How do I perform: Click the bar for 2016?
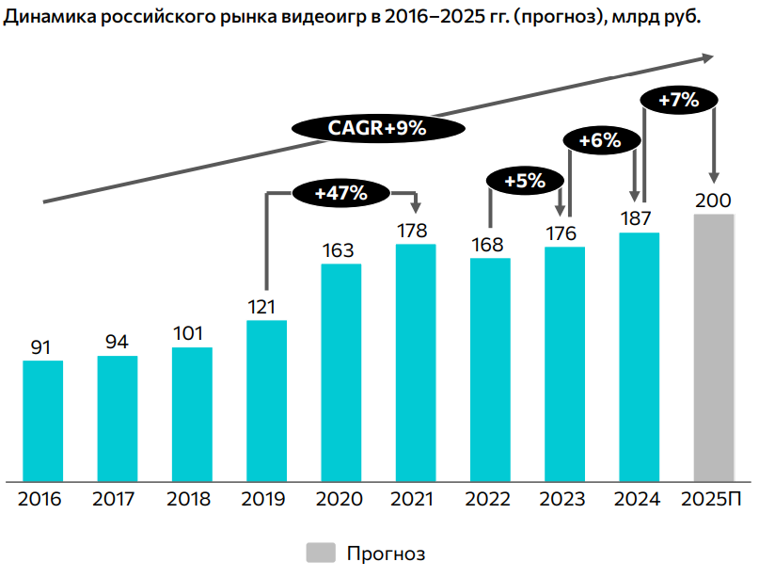pyautogui.click(x=43, y=421)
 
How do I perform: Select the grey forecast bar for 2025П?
pyautogui.click(x=713, y=347)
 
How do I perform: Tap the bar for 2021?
pyautogui.click(x=416, y=362)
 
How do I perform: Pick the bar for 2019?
pyautogui.click(x=267, y=400)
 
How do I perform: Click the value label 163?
pyautogui.click(x=339, y=250)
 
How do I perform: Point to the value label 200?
pyautogui.click(x=713, y=201)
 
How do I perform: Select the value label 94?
pyautogui.click(x=117, y=343)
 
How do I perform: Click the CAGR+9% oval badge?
pyautogui.click(x=377, y=129)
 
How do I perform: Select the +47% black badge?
pyautogui.click(x=340, y=193)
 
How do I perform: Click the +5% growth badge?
pyautogui.click(x=525, y=181)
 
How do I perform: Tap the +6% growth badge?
pyautogui.click(x=599, y=141)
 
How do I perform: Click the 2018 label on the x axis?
pyautogui.click(x=189, y=499)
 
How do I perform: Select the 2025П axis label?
pyautogui.click(x=712, y=499)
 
